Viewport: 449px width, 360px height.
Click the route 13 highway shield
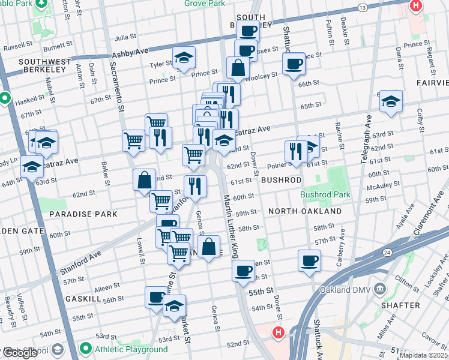(x=361, y=8)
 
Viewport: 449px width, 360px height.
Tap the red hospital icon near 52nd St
(x=278, y=332)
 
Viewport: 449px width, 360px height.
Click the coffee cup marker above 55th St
(x=244, y=271)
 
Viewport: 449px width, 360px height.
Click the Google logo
(x=20, y=353)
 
